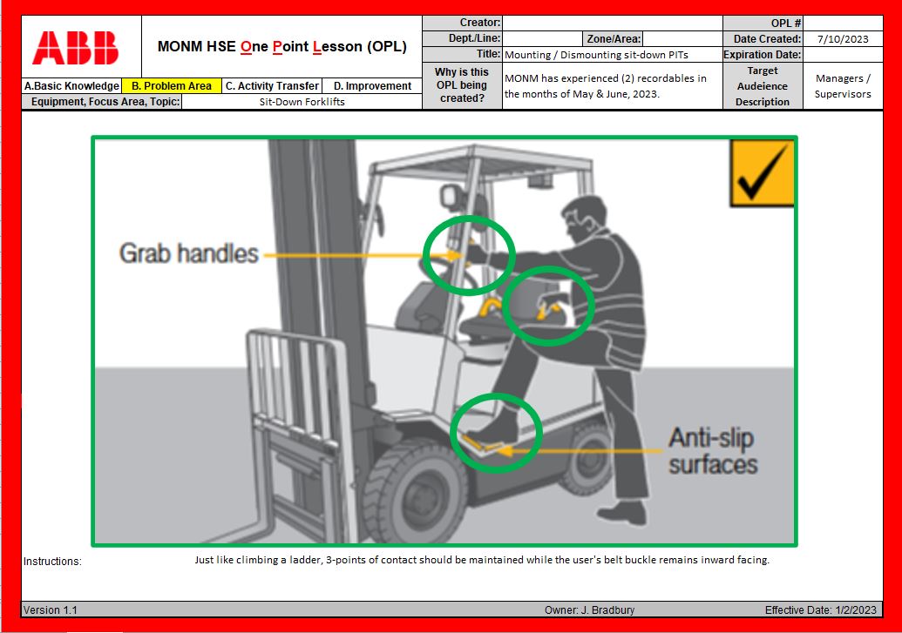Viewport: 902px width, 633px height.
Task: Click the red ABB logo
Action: [75, 48]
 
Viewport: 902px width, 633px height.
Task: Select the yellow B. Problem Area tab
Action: [172, 85]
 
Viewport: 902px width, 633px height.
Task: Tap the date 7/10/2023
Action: [843, 39]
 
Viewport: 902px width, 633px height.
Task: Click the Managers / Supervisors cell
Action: [843, 85]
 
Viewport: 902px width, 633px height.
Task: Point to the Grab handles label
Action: [189, 253]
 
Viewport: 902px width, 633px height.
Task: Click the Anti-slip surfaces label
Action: [713, 451]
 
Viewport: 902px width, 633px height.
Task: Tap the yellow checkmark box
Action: [762, 173]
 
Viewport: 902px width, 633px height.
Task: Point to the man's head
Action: [583, 219]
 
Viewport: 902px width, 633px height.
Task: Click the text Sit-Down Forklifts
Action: [302, 102]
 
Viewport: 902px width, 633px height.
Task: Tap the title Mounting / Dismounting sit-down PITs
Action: [596, 55]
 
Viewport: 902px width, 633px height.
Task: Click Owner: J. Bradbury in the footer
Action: [590, 609]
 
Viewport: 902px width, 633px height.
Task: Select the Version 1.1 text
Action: [50, 609]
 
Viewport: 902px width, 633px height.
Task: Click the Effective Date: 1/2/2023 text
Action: [821, 609]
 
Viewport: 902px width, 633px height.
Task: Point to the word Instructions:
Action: [52, 561]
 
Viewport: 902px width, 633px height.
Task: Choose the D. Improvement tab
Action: [372, 85]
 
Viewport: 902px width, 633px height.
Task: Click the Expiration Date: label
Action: [763, 55]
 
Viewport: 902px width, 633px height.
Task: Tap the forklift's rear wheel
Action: [586, 457]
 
